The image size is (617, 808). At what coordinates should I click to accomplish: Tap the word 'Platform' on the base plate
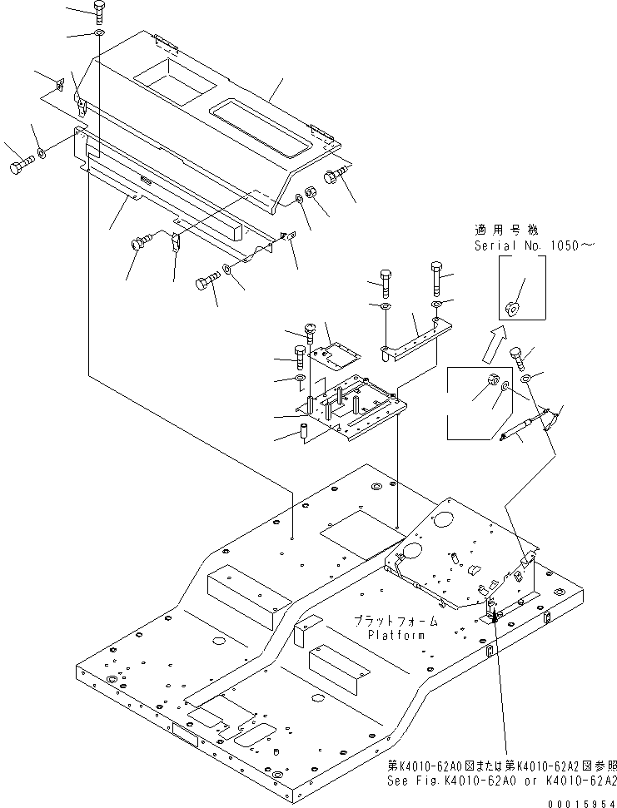click(x=396, y=635)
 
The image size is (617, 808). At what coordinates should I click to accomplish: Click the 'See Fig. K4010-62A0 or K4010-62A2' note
click(x=502, y=781)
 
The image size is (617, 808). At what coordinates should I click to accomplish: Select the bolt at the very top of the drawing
click(x=99, y=11)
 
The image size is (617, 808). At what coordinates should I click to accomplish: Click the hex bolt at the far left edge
click(x=20, y=168)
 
